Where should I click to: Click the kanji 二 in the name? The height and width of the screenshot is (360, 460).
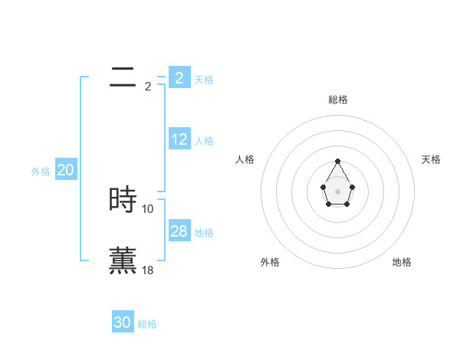[x=123, y=77]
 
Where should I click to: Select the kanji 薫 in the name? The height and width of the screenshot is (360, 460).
[x=123, y=260]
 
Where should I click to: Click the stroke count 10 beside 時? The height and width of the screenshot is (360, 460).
[x=148, y=208]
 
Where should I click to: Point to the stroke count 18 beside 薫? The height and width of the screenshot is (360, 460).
[x=148, y=270]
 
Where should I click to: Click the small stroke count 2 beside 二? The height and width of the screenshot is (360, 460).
[x=148, y=87]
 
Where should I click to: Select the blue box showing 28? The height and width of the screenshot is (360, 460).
[x=179, y=231]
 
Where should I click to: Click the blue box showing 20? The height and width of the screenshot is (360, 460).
[x=65, y=170]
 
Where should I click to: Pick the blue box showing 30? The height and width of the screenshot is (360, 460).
[x=122, y=322]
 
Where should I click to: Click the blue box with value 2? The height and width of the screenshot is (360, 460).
[x=179, y=77]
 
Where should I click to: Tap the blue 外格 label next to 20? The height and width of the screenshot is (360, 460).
[x=41, y=172]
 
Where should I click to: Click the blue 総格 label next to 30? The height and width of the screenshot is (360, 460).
[x=147, y=324]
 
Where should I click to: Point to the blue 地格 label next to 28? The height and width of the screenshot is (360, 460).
[x=204, y=232]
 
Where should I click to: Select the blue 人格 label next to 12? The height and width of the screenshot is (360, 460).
[x=204, y=141]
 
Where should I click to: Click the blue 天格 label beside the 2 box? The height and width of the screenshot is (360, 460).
[x=204, y=79]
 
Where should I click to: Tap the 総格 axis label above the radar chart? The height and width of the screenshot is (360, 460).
[x=337, y=100]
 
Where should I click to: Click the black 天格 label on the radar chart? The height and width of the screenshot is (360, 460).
[x=431, y=159]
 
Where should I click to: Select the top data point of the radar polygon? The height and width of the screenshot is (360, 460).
[x=337, y=162]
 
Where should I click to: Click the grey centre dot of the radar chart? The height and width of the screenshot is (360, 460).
[x=337, y=191]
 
